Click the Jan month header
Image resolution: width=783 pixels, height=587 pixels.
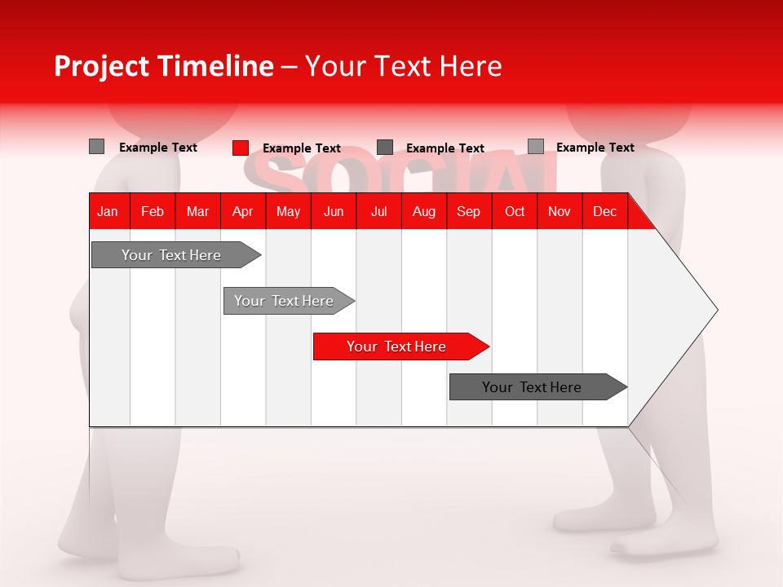click(x=108, y=211)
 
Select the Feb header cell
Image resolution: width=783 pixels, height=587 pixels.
click(x=153, y=211)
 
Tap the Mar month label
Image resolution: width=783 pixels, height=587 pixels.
click(x=197, y=211)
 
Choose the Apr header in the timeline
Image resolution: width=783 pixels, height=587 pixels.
click(x=243, y=211)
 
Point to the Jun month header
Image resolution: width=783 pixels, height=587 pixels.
click(x=334, y=211)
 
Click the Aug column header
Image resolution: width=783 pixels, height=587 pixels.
click(x=424, y=211)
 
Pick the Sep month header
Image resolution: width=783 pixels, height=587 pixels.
click(x=469, y=211)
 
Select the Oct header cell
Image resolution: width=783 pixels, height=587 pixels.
click(x=515, y=211)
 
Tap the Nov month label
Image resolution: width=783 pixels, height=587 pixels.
click(x=560, y=211)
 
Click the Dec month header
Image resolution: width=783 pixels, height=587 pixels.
click(x=605, y=211)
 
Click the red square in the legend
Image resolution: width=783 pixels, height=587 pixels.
click(x=241, y=148)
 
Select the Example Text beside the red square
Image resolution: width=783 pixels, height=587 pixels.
click(x=302, y=148)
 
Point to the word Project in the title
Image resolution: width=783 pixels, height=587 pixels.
click(x=102, y=66)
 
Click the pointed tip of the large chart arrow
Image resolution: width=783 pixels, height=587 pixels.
click(x=714, y=309)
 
